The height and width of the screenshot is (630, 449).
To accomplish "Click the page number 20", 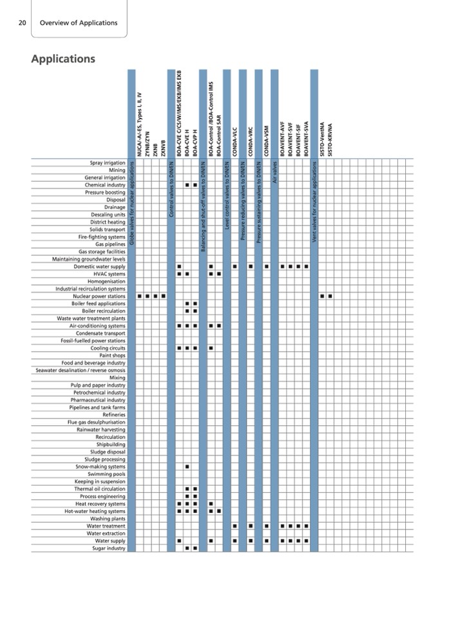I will pyautogui.click(x=22, y=23).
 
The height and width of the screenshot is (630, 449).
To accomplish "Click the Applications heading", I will pyautogui.click(x=63, y=59).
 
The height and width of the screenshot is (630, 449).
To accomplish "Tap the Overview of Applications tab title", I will pyautogui.click(x=79, y=23).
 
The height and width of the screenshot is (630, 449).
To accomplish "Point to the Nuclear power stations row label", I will pyautogui.click(x=99, y=296).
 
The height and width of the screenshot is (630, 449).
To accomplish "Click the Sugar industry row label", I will pyautogui.click(x=108, y=548).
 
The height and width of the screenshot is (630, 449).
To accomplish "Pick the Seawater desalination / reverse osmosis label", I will pyautogui.click(x=81, y=370).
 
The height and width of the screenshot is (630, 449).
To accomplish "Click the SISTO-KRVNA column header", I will pyautogui.click(x=330, y=138).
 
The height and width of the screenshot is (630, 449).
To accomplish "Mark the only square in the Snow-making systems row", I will pyautogui.click(x=187, y=466).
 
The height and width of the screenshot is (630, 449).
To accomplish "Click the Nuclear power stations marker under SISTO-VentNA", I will pyautogui.click(x=322, y=296).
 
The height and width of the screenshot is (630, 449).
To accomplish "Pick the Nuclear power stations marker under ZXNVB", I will pyautogui.click(x=163, y=296).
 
